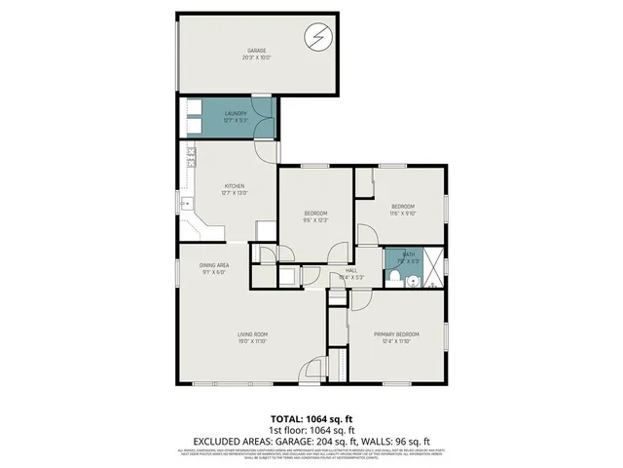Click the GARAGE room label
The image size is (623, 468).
point(257,51)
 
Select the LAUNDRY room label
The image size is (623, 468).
point(235,114)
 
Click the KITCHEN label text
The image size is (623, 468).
point(235,185)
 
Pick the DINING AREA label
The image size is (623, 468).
point(213,265)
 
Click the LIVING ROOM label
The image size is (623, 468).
point(252,335)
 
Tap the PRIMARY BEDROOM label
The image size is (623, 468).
point(396,334)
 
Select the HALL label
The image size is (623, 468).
point(350,270)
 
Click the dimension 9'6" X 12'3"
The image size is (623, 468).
point(315,219)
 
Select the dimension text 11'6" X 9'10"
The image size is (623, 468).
point(403,213)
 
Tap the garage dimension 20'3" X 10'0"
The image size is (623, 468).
point(257,57)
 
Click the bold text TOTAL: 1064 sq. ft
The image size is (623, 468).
point(311,416)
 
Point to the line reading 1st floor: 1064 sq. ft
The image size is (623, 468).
point(311,429)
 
